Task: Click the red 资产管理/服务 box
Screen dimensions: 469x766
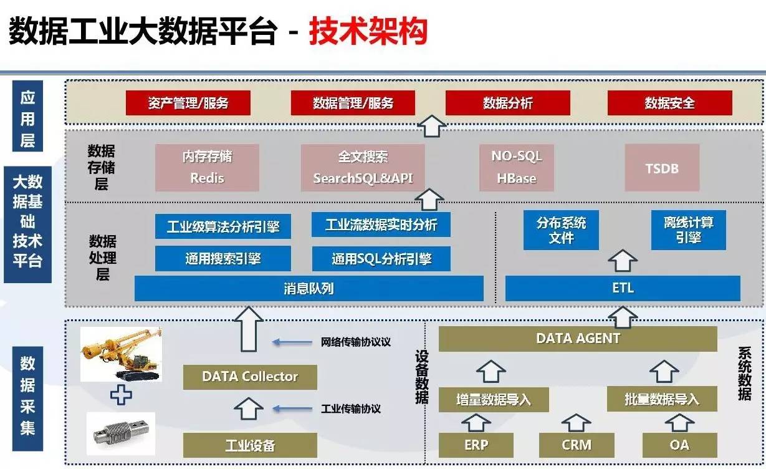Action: (188, 103)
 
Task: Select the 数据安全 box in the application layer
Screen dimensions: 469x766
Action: (669, 103)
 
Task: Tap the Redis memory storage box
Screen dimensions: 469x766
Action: (206, 167)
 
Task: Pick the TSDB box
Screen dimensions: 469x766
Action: (661, 168)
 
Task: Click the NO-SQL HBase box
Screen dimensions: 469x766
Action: (516, 167)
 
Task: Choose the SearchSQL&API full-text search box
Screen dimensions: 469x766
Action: (363, 167)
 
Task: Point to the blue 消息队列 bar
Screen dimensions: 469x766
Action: (309, 289)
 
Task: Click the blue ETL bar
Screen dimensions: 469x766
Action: (622, 288)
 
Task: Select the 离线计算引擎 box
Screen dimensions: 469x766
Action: (688, 230)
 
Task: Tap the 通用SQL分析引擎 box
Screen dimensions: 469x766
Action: (381, 258)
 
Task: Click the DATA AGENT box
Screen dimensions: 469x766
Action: (578, 339)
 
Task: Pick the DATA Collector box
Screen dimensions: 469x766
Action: (250, 377)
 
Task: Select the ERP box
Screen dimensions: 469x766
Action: (476, 445)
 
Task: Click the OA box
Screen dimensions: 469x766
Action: (679, 445)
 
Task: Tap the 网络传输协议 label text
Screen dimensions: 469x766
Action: (355, 342)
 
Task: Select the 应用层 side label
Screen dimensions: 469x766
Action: (27, 119)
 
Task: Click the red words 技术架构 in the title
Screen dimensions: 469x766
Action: (368, 31)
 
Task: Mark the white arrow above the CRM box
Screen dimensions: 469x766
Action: (576, 422)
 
